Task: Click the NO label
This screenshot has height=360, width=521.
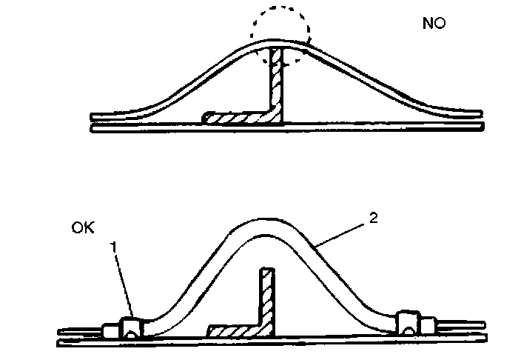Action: (434, 24)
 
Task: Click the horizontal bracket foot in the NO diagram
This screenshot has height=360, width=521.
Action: (237, 117)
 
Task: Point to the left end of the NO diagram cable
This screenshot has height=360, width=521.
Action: (94, 117)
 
